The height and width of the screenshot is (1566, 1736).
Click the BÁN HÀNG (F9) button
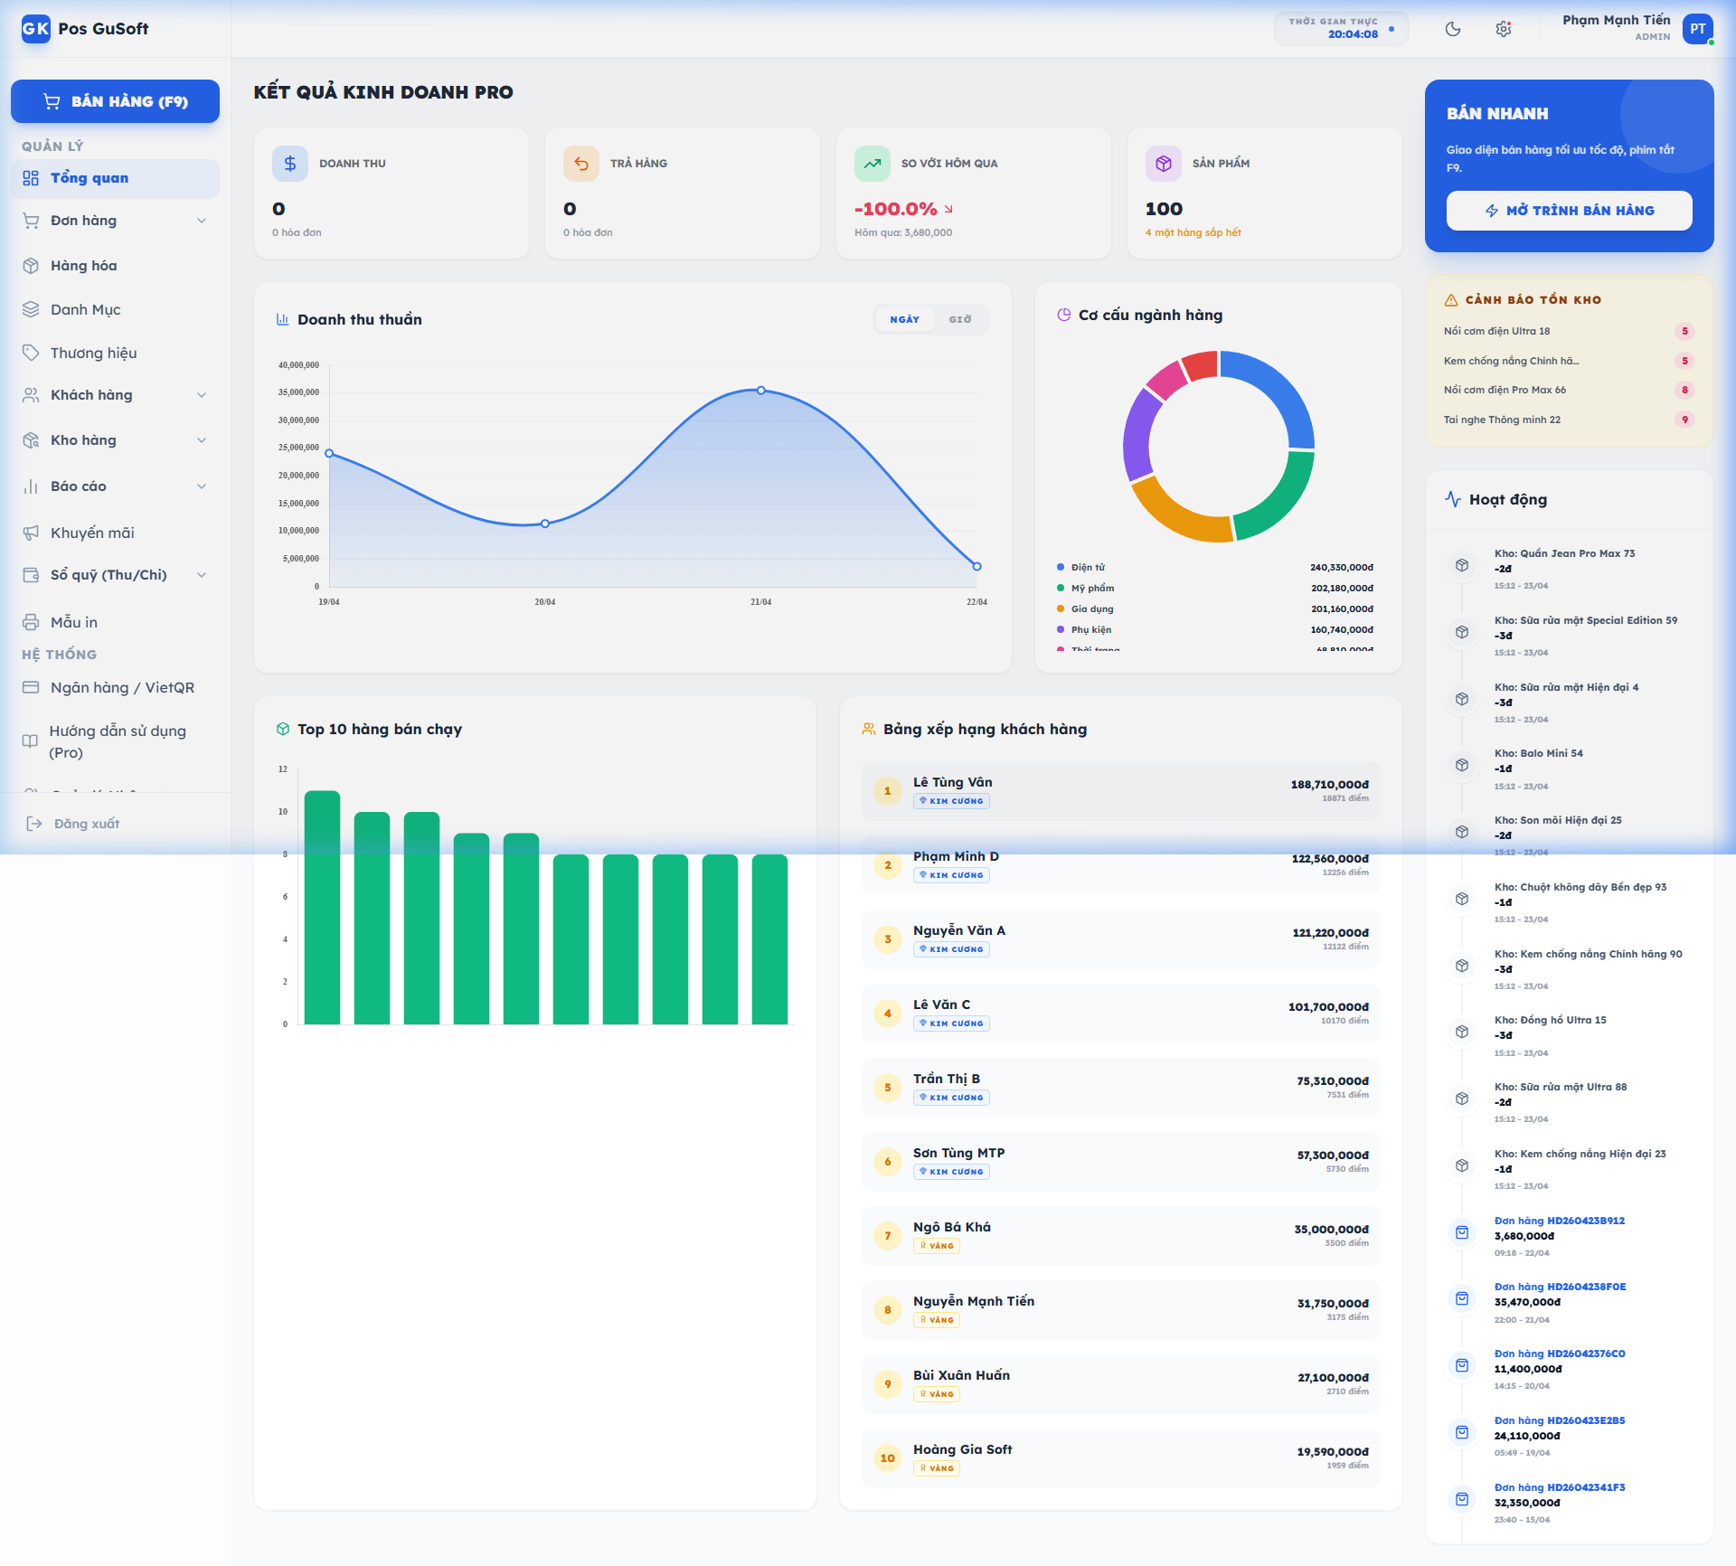[115, 101]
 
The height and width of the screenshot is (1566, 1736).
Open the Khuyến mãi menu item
[91, 533]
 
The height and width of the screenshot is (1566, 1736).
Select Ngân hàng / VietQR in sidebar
[122, 687]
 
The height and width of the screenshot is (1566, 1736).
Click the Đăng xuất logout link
[86, 824]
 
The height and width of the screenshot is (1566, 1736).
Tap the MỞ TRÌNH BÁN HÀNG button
[1569, 211]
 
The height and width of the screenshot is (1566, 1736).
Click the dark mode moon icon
[1452, 29]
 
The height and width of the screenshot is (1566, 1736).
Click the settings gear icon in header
[1503, 29]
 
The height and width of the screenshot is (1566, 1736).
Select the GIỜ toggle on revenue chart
[959, 319]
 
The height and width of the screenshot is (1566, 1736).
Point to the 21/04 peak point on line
[761, 391]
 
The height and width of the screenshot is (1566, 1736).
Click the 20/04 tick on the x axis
[544, 602]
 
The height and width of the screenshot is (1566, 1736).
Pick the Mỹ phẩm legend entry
[1092, 588]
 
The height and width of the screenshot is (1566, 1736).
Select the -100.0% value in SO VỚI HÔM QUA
[895, 209]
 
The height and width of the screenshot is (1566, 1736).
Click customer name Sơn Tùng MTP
[958, 1153]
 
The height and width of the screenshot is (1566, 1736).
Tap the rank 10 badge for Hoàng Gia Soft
[887, 1458]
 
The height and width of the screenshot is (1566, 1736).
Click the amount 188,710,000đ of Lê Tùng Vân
[1329, 785]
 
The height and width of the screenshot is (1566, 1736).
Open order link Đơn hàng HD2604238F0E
[1559, 1287]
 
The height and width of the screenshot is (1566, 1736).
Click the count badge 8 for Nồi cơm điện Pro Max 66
[1684, 390]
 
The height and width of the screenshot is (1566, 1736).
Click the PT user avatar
[1697, 29]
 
